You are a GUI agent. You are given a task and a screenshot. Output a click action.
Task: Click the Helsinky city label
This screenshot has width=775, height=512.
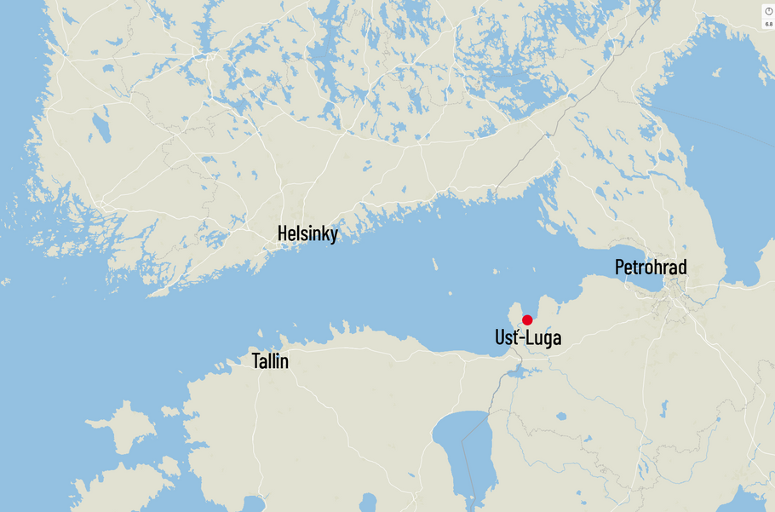[x=307, y=234]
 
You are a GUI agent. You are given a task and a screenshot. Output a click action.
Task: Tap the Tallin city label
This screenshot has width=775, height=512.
[x=270, y=361]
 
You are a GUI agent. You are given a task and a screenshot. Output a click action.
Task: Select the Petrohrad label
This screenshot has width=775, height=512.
[x=651, y=268]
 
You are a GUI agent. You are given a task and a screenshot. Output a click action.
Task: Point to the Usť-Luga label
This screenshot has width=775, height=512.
[x=528, y=338]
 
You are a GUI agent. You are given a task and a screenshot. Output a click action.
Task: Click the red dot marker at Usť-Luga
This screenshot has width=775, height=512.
[x=527, y=320]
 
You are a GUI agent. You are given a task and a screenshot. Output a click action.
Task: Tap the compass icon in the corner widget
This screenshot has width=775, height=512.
[x=768, y=11]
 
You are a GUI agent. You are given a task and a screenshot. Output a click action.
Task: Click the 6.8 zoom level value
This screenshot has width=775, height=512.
[x=768, y=24]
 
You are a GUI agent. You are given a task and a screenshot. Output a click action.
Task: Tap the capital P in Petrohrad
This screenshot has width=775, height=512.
[x=620, y=268]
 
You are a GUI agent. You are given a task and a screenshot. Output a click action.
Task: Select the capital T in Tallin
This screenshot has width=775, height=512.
[x=256, y=361]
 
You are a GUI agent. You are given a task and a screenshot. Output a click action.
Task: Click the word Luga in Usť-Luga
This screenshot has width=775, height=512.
[x=544, y=338]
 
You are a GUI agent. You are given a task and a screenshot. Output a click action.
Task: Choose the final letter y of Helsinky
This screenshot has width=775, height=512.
[x=333, y=236]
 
